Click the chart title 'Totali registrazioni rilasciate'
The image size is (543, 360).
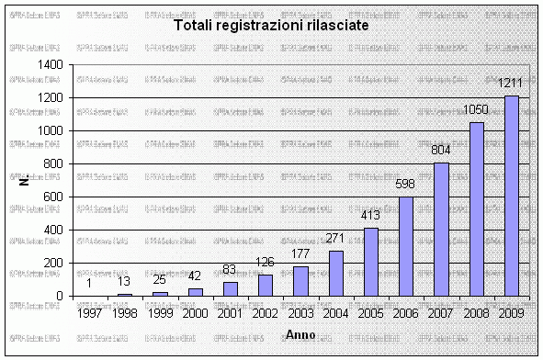click(272, 26)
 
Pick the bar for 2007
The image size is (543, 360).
click(441, 230)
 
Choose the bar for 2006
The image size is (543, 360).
click(406, 246)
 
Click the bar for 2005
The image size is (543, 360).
click(371, 262)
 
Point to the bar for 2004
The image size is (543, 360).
click(335, 273)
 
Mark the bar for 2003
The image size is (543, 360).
click(300, 281)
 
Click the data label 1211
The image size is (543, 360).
click(511, 84)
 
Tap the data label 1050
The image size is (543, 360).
click(475, 111)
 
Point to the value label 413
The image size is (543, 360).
click(371, 216)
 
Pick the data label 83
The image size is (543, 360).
click(231, 270)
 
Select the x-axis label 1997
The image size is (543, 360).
click(91, 313)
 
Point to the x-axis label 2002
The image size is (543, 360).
click(265, 313)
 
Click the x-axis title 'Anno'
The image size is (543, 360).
click(300, 332)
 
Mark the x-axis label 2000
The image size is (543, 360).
click(195, 313)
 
